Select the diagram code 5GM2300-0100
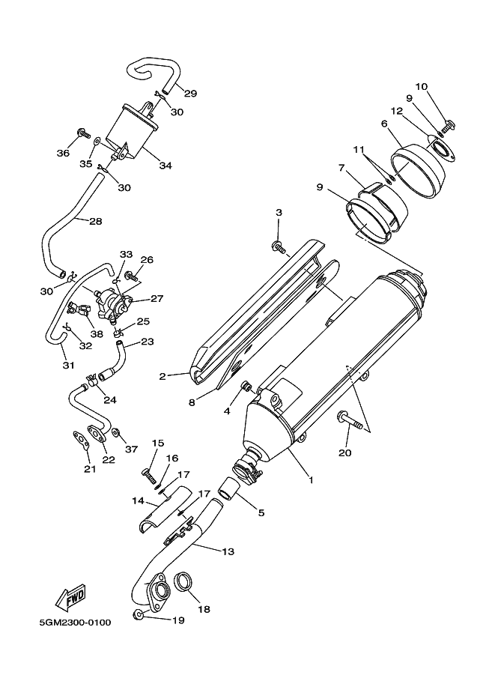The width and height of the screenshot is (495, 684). (x=75, y=622)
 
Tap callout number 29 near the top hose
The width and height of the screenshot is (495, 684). (x=190, y=93)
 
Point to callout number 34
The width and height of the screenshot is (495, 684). (x=165, y=166)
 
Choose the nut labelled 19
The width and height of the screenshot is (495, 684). (x=138, y=616)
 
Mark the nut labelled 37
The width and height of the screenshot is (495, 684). (x=116, y=432)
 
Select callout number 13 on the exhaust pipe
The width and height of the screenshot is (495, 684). (x=228, y=551)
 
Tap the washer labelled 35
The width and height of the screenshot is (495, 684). (x=97, y=141)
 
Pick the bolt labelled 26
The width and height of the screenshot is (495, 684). (x=132, y=276)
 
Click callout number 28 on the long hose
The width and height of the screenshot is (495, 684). (x=96, y=221)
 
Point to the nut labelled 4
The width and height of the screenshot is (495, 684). (x=246, y=386)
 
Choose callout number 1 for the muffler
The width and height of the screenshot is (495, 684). (x=311, y=479)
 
